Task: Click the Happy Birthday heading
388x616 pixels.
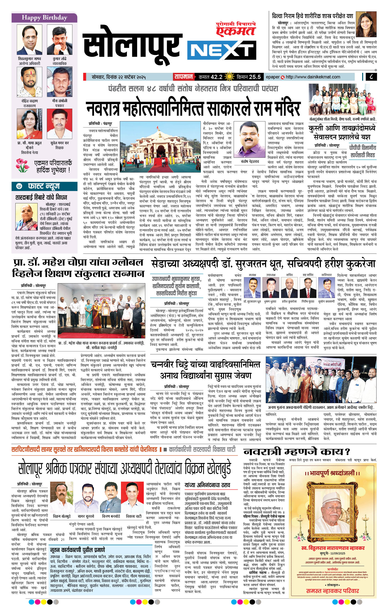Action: pyautogui.click(x=44, y=18)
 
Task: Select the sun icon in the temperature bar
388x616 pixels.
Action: pyautogui.click(x=229, y=77)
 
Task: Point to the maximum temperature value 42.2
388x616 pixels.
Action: pyautogui.click(x=217, y=77)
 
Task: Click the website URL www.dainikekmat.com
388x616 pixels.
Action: pyautogui.click(x=313, y=77)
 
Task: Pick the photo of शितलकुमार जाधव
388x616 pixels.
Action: pyautogui.click(x=29, y=40)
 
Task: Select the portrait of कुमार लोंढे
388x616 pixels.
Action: pyautogui.click(x=60, y=40)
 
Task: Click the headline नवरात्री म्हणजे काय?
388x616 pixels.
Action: pyautogui.click(x=296, y=451)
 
